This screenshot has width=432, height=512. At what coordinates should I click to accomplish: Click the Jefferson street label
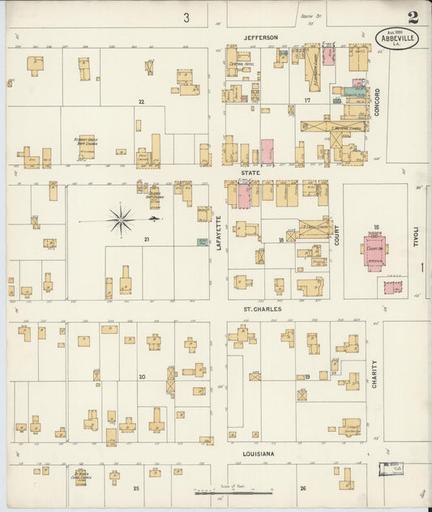(260, 37)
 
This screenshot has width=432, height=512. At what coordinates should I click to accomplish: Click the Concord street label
(377, 103)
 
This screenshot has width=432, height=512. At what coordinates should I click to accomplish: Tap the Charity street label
(374, 374)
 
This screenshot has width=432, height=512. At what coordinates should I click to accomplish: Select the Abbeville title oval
(397, 38)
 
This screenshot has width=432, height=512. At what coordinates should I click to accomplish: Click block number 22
(141, 101)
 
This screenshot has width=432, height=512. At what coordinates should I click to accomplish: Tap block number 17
(307, 100)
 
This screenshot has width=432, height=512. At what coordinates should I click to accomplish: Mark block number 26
(303, 488)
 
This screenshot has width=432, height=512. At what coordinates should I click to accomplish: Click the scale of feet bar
(234, 491)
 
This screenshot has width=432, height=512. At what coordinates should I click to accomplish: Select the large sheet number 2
(413, 17)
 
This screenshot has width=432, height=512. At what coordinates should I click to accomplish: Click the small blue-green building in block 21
(202, 241)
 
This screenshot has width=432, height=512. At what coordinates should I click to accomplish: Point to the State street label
(249, 173)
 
